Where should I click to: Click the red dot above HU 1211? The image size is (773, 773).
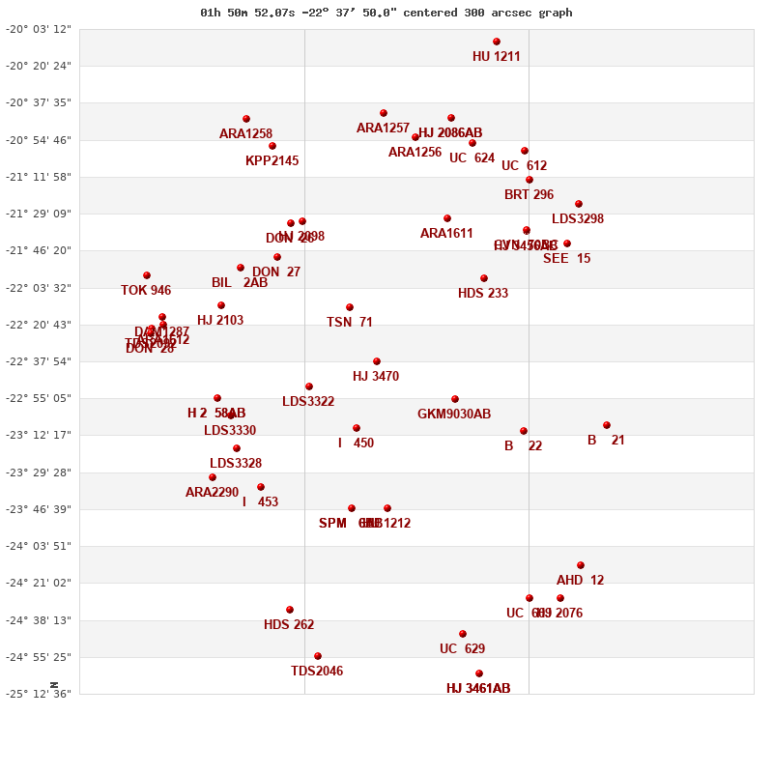497,42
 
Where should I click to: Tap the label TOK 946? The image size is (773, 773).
146,291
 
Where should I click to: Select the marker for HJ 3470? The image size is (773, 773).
377,361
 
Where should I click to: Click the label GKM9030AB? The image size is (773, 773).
454,415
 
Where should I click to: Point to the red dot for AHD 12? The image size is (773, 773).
581,565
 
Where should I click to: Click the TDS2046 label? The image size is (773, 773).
317,672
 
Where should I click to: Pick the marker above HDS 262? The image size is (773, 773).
290,610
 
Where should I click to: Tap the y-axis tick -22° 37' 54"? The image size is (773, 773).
39,361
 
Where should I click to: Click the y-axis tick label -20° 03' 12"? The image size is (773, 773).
39,29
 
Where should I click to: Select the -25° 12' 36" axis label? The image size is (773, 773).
39,694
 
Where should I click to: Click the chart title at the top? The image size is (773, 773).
386,13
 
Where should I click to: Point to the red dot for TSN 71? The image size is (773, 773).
350,307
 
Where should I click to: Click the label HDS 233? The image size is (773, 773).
483,294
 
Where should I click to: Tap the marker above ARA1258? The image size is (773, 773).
246,119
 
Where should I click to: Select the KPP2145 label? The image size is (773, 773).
272,161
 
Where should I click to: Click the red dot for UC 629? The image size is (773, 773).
463,634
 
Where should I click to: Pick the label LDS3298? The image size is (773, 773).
578,219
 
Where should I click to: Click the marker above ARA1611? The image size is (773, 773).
447,218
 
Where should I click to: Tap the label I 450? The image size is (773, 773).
356,444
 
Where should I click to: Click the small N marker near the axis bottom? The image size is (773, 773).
54,684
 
